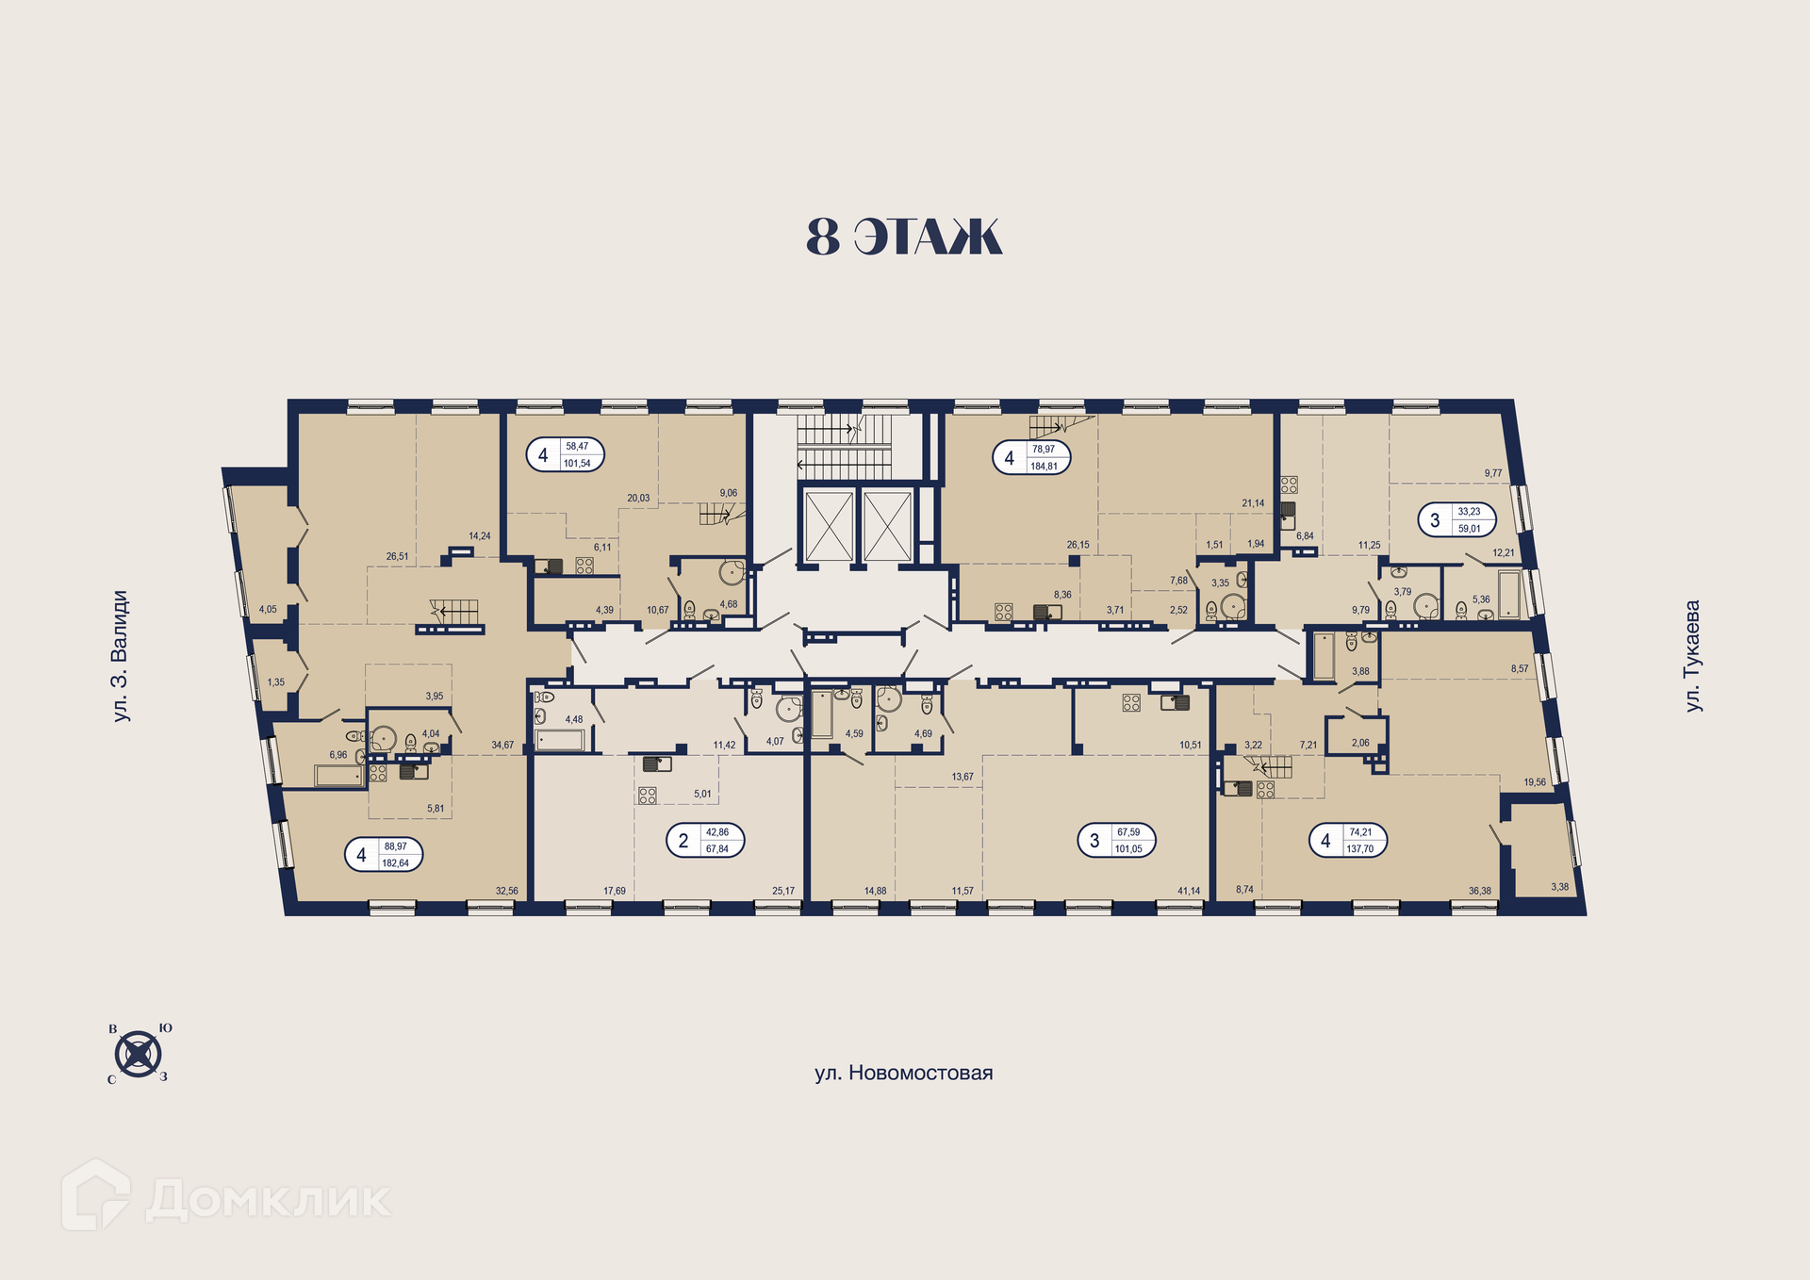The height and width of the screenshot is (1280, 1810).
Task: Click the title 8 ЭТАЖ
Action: tap(904, 237)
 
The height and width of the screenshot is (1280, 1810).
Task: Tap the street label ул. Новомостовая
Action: tap(904, 1073)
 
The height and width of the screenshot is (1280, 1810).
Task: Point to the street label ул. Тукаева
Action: tap(1693, 656)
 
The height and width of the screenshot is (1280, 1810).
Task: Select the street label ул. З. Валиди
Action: tap(120, 656)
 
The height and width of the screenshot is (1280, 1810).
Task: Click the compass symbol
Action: tap(139, 1053)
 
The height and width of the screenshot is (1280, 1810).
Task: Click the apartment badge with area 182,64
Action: tap(383, 855)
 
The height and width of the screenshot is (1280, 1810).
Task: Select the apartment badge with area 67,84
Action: tap(705, 840)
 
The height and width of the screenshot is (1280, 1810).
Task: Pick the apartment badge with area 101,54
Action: tap(565, 455)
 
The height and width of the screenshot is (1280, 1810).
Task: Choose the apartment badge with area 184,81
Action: tap(1031, 458)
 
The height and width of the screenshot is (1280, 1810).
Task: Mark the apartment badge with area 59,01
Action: tap(1457, 519)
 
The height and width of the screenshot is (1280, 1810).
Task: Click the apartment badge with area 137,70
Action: tap(1348, 840)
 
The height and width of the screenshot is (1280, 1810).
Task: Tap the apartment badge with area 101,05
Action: tap(1116, 840)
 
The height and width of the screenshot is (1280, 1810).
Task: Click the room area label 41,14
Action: tap(1189, 891)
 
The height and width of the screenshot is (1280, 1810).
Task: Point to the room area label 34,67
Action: tap(502, 745)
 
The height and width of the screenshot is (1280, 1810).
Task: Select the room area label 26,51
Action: tap(397, 557)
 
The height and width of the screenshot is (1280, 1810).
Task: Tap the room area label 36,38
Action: tap(1479, 891)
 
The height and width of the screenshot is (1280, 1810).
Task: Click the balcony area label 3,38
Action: tap(1560, 887)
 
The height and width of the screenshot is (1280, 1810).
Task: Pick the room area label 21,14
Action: tap(1253, 503)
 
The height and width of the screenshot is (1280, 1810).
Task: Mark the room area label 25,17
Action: tap(783, 891)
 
